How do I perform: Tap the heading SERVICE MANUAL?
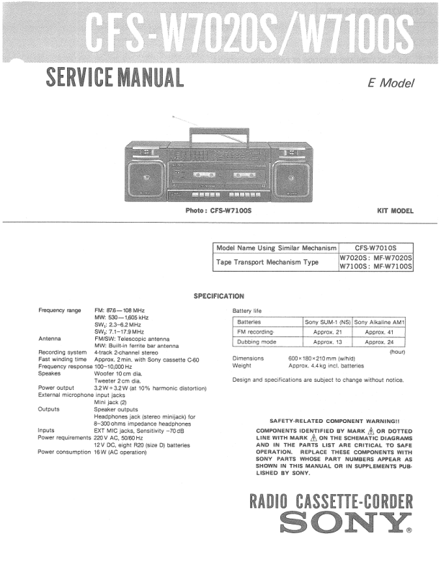coord(114,75)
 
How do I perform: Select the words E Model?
coord(391,83)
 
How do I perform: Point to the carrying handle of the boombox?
coord(218,135)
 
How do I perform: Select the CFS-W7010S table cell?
coord(376,248)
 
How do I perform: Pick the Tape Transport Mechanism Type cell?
coord(267,262)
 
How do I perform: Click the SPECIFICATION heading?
coord(219,296)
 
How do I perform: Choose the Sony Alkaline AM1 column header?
coord(380,321)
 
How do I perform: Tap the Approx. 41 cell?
coord(380,331)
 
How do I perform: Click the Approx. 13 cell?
coord(327,341)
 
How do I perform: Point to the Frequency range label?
coord(59,310)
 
